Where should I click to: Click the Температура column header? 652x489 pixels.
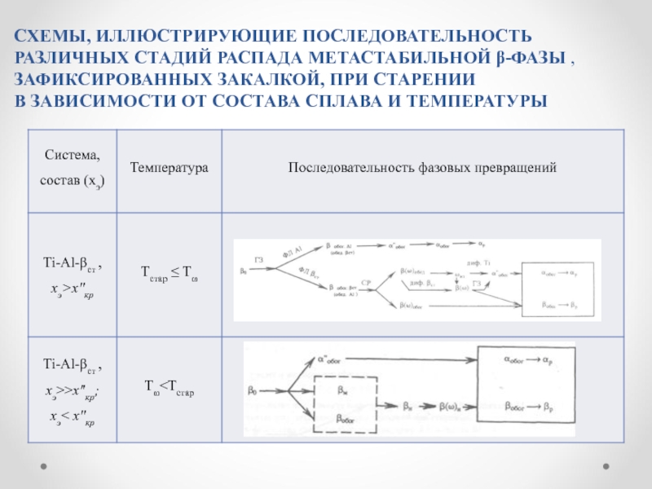(170, 167)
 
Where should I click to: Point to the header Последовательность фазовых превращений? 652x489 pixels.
(422, 167)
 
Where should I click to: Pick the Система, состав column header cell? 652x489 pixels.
(73, 167)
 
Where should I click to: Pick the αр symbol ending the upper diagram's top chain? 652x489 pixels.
(482, 244)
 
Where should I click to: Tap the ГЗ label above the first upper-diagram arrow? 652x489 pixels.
(259, 260)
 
